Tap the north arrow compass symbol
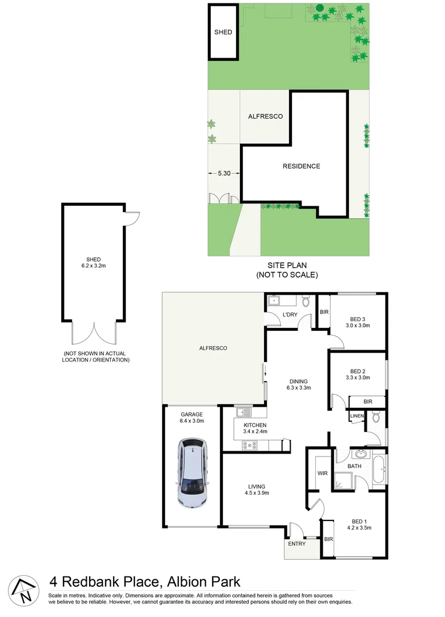click(x=23, y=589)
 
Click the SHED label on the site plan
click(x=223, y=32)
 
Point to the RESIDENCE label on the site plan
click(x=301, y=166)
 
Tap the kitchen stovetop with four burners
click(x=249, y=446)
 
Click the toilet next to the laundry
click(x=306, y=301)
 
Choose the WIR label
click(x=322, y=474)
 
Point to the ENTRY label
click(x=296, y=543)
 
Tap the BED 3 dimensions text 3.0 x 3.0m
click(x=358, y=326)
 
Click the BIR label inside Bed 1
click(x=328, y=539)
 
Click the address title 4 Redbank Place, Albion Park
click(x=145, y=582)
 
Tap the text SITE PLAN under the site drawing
click(x=287, y=266)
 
